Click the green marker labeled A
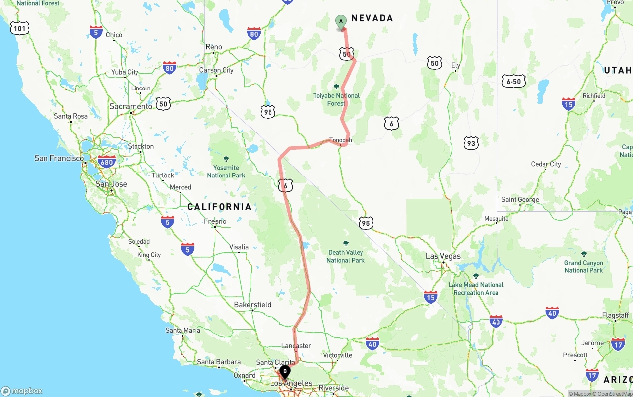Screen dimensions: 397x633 coord(341,22)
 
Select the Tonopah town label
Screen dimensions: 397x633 coord(341,140)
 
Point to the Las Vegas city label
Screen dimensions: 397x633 coord(444,256)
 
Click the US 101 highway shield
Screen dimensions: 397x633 coord(19,28)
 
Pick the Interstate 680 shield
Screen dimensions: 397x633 coord(107,161)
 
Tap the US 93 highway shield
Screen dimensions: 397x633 coord(471,143)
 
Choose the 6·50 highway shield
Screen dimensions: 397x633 coord(514,82)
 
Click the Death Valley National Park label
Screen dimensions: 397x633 coord(346,256)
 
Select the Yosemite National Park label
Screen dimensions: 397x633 coord(226,171)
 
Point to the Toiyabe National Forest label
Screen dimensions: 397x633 coord(336,99)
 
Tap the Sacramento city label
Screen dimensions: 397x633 coord(131,106)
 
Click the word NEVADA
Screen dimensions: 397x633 coord(372,18)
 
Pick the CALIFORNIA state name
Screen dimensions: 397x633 coord(220,207)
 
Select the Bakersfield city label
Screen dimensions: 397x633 coord(253,305)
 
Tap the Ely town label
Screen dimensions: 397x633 coord(456,65)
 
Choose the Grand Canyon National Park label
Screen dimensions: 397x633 coord(584,266)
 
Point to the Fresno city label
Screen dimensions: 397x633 coord(215,221)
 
